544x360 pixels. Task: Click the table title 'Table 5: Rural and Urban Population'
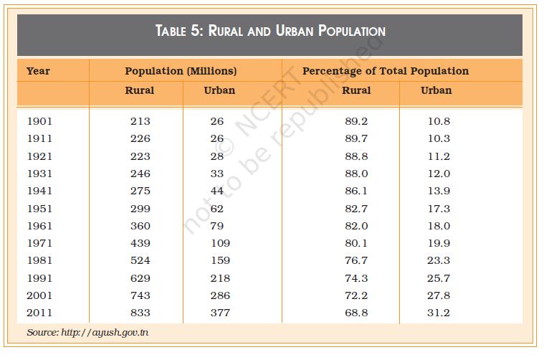(x=270, y=31)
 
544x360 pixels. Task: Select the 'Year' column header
(x=38, y=71)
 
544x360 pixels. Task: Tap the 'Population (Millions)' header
(x=181, y=71)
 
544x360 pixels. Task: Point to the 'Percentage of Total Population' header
(x=385, y=71)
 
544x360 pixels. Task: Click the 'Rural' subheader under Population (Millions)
(x=139, y=90)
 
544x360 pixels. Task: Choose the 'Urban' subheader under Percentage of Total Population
(x=436, y=90)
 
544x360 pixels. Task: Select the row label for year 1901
(x=39, y=121)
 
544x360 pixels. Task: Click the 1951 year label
(x=39, y=209)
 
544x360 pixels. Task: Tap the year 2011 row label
(x=39, y=313)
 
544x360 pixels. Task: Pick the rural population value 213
(x=140, y=121)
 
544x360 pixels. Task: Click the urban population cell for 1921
(x=217, y=156)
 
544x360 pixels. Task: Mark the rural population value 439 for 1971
(x=140, y=243)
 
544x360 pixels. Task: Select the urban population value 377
(x=220, y=313)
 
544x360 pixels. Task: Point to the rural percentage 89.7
(x=356, y=138)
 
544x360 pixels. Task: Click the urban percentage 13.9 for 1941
(x=438, y=191)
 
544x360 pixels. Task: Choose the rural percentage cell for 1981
(x=356, y=260)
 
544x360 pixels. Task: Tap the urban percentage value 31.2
(x=438, y=313)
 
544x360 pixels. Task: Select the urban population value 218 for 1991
(x=220, y=278)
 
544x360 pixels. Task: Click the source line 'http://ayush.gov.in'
(x=88, y=333)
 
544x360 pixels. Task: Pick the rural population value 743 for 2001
(x=140, y=295)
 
